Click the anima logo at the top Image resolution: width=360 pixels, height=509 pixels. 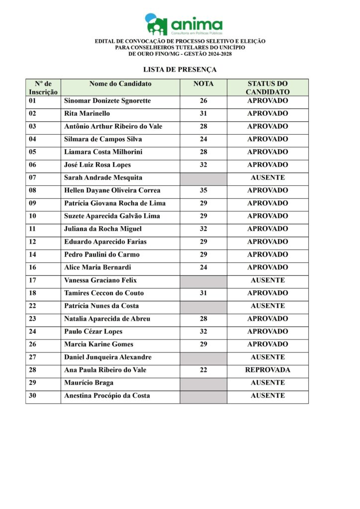point(183,24)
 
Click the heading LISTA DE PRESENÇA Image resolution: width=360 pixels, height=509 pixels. point(180,70)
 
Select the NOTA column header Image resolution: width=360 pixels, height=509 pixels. point(203,84)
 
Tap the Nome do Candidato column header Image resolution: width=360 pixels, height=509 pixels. point(120,84)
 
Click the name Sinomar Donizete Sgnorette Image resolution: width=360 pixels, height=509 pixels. point(107,101)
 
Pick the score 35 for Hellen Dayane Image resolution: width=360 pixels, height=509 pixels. point(203,190)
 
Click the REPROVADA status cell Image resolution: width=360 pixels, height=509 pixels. point(268,370)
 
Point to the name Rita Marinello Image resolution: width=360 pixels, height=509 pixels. point(87,114)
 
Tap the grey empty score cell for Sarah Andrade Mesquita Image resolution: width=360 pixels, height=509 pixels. point(203,178)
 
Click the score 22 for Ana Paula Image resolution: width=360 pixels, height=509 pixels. point(203,370)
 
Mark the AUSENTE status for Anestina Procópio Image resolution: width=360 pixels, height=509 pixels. point(268,396)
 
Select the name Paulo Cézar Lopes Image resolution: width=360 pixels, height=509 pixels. point(93,332)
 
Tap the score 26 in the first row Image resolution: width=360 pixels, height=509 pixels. point(203,101)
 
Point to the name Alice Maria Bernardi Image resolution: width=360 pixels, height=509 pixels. point(97,267)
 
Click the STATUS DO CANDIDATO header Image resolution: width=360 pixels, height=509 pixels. point(268,88)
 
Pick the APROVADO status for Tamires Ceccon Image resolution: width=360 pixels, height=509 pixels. point(268,293)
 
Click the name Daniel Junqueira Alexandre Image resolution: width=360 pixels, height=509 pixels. point(108,357)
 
